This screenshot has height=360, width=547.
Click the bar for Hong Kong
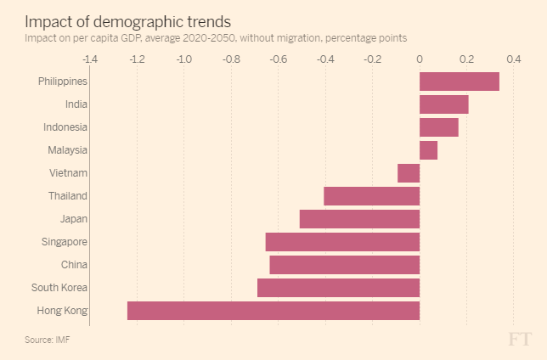click(273, 311)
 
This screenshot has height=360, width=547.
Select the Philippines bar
click(459, 82)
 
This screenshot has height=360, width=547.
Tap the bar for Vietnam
click(409, 173)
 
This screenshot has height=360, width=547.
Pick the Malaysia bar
click(428, 150)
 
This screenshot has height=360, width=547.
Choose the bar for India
click(443, 104)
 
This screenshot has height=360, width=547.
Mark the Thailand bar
click(371, 196)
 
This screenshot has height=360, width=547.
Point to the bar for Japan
click(359, 219)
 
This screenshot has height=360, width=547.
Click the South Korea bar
click(338, 288)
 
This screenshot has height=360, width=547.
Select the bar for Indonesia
click(438, 127)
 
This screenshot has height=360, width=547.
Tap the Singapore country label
click(64, 242)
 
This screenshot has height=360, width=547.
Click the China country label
click(74, 265)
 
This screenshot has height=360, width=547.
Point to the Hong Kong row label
click(62, 311)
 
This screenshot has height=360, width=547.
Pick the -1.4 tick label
click(89, 59)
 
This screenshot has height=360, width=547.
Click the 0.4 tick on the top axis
click(513, 59)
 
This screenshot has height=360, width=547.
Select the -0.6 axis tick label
click(278, 59)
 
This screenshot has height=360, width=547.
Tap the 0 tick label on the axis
click(420, 59)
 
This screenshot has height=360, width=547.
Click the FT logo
click(520, 339)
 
